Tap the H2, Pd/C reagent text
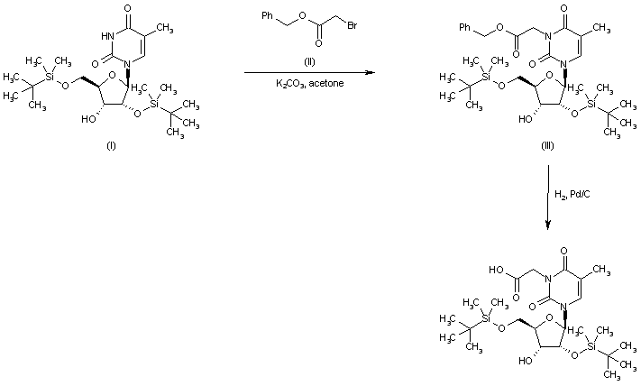click(572, 193)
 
